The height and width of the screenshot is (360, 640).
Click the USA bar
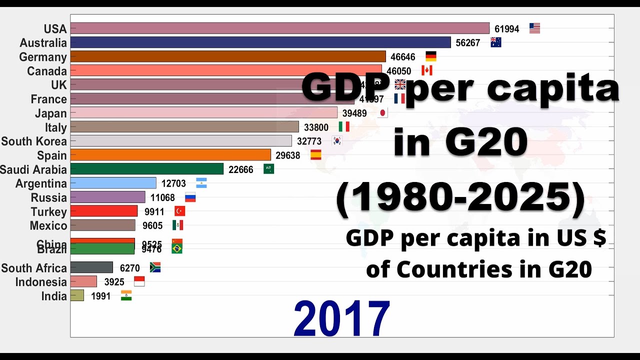280,28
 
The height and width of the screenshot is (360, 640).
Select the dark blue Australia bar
260,42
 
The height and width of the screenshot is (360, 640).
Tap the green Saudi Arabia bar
147,169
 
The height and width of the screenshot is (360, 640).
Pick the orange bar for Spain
170,155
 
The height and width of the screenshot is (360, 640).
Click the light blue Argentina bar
113,183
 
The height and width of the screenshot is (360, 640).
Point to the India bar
77,295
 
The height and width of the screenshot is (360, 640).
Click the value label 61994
507,29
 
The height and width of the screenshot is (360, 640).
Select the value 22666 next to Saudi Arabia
241,169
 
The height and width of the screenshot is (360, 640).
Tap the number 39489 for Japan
354,113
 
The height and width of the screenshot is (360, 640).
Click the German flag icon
430,56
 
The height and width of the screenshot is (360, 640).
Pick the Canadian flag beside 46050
426,70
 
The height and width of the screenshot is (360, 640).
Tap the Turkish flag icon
179,211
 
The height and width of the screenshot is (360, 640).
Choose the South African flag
155,267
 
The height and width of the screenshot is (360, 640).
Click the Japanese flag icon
382,113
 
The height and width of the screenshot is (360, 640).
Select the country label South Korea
34,141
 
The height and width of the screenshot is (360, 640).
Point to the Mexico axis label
48,226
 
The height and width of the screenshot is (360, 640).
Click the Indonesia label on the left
41,282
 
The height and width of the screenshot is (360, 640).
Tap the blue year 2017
341,318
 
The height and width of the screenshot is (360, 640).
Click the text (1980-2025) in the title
460,198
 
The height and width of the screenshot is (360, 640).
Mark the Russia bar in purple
108,197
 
